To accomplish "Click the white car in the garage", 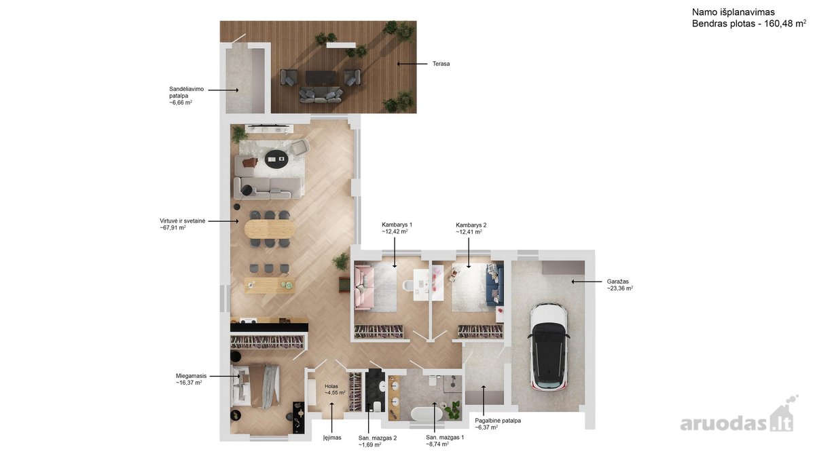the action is click(x=548, y=347).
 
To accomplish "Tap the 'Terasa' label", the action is click(x=441, y=64).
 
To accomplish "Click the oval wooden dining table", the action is click(x=270, y=229).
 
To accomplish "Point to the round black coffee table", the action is click(x=276, y=159).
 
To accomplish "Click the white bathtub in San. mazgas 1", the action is click(x=427, y=414).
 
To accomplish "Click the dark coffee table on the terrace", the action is click(x=320, y=77).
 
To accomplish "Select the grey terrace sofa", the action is click(x=321, y=95).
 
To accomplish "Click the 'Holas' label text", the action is click(x=331, y=386).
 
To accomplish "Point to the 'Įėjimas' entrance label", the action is click(x=332, y=438).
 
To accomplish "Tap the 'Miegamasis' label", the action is click(x=191, y=376).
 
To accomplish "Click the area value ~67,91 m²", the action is click(x=173, y=227).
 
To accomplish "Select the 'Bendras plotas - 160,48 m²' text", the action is click(x=748, y=24).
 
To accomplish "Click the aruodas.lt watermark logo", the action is click(x=739, y=419).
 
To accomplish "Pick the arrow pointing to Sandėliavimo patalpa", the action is click(x=223, y=90).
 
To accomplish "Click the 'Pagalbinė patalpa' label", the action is click(x=498, y=421).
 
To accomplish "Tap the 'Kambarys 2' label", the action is click(x=471, y=225).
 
